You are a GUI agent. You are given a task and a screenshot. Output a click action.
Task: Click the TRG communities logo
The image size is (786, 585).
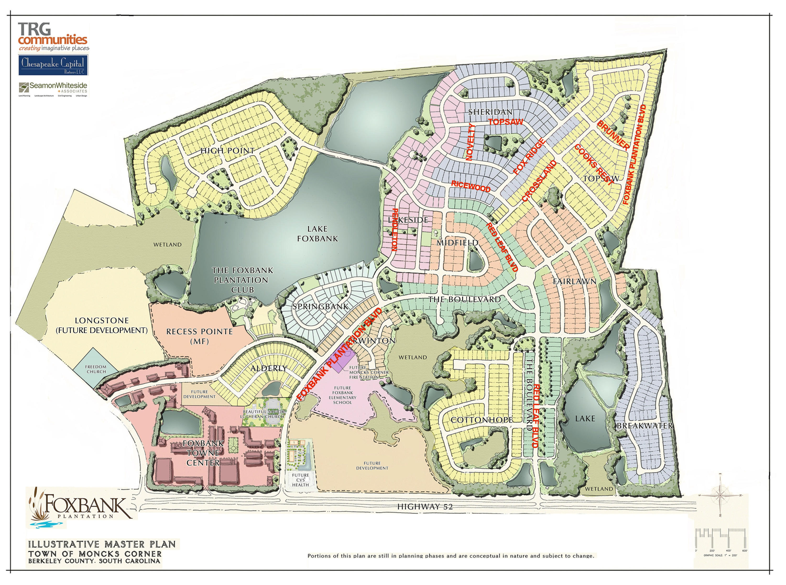pyautogui.click(x=53, y=36)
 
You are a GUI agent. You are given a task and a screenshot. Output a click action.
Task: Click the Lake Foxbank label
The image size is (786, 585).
pyautogui.click(x=317, y=234)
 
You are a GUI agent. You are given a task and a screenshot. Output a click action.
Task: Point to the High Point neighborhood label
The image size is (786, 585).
pyautogui.click(x=227, y=151)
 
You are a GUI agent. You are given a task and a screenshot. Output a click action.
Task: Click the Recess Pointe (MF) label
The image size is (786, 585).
pyautogui.click(x=199, y=336)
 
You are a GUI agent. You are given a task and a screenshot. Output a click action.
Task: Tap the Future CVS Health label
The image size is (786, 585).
pyautogui.click(x=300, y=480)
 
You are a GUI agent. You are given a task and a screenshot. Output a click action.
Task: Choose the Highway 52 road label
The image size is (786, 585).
pyautogui.click(x=425, y=507)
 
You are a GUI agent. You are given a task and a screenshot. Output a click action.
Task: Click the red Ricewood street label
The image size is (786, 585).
pyautogui.click(x=470, y=186)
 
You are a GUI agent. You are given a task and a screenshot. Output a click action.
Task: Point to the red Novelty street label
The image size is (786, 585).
pyautogui.click(x=470, y=142)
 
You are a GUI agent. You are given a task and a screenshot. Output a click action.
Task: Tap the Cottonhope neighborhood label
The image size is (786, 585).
pyautogui.click(x=481, y=420)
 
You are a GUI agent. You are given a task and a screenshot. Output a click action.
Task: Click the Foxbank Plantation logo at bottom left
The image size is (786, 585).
pyautogui.click(x=80, y=507)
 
